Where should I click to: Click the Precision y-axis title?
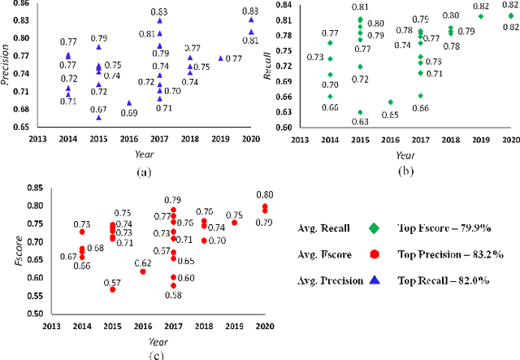[x=7, y=67]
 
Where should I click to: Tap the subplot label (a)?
[x=122, y=172]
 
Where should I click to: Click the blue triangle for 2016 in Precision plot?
[x=129, y=103]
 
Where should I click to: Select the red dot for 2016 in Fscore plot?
[x=143, y=271]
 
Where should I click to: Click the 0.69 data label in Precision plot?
[x=129, y=113]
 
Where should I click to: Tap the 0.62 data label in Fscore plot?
[x=143, y=262]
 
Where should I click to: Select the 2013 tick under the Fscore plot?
[x=54, y=327]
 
